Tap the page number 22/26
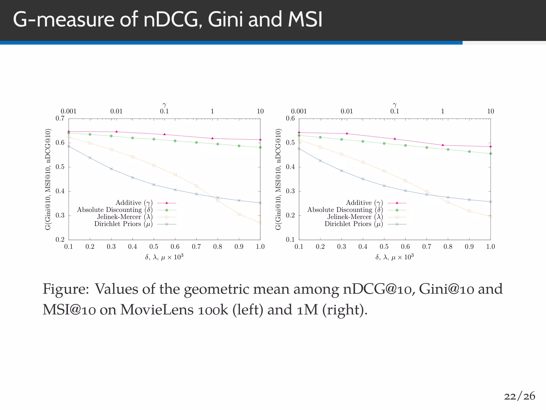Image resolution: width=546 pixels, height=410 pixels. pos(519,396)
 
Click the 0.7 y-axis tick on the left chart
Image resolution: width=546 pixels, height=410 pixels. pos(60,119)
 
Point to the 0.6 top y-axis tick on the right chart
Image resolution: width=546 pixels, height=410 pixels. pos(290,119)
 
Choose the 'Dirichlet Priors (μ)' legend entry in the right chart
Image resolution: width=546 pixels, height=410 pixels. pos(354,224)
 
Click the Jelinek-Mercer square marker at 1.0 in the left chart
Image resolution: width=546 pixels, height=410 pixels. pos(260,223)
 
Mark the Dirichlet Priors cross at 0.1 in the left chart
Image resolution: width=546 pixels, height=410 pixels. pos(69,146)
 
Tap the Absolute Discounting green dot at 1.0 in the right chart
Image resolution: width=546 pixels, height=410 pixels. pos(491,153)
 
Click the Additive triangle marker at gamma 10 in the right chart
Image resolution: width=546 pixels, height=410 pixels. pos(491,147)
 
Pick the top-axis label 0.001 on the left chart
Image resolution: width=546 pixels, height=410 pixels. pos(69,111)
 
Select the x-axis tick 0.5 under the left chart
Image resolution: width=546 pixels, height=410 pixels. pos(154,247)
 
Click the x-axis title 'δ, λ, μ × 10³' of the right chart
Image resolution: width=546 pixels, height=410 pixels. pos(395,257)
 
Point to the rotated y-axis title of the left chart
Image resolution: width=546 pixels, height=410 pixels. pos(48,179)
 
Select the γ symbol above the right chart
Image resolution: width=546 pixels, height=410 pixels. pos(395,105)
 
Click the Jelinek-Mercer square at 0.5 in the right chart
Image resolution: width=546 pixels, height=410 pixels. pos(384,171)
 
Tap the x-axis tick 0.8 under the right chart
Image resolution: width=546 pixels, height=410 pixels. pos(448,247)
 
